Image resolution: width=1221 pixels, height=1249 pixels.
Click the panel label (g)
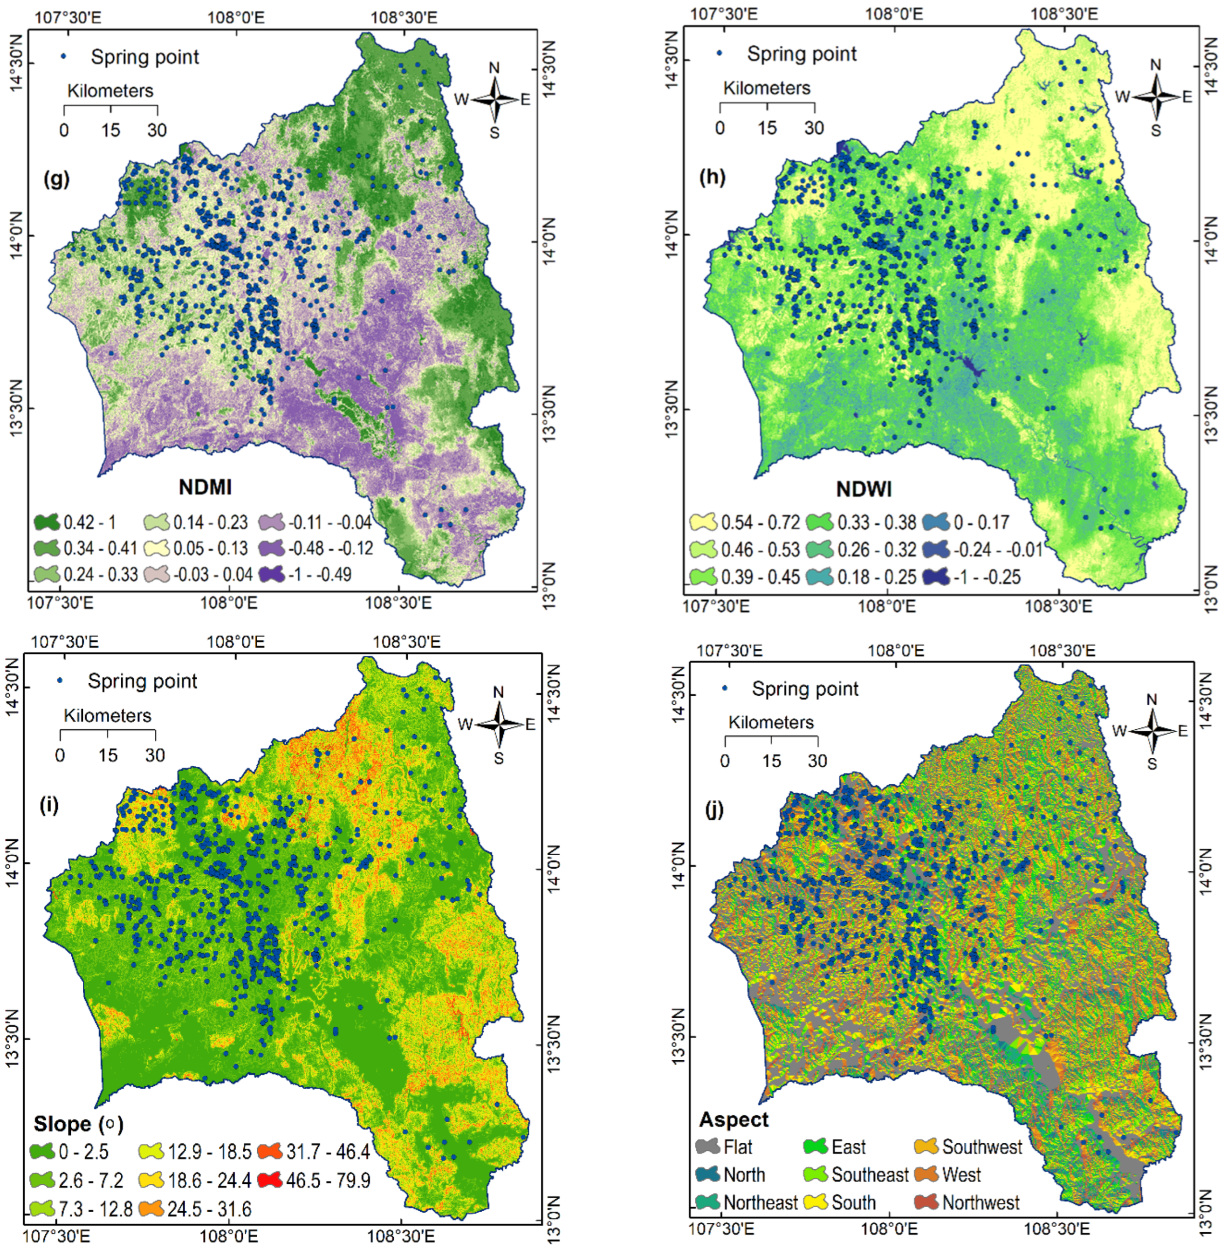[56, 179]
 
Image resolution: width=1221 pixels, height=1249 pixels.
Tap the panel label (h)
[713, 177]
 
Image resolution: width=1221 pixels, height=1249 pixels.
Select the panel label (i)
[49, 805]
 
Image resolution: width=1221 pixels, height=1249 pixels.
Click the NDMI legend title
[205, 487]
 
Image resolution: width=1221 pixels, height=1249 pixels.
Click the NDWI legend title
[864, 490]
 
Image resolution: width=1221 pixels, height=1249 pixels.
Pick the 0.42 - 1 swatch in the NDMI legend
[46, 522]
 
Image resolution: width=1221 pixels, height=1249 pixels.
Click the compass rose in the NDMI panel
[494, 99]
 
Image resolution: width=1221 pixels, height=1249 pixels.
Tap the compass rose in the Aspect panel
[1152, 731]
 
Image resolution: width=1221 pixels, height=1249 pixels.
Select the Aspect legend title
[734, 1119]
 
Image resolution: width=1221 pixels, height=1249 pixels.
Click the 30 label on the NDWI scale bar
[814, 128]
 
